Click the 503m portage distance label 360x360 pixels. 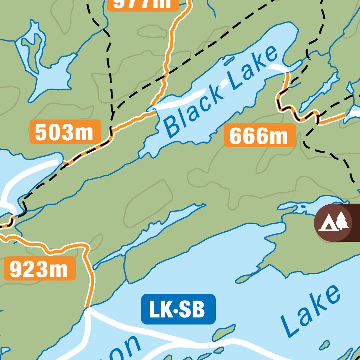(65, 132)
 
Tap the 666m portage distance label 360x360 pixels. (260, 135)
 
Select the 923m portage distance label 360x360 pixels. (40, 269)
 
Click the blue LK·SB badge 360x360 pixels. (178, 309)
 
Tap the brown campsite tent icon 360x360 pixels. (333, 223)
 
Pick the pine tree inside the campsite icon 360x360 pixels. (341, 221)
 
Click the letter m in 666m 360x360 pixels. (279, 136)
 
